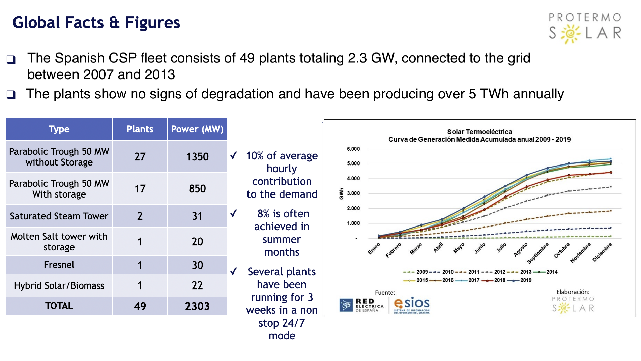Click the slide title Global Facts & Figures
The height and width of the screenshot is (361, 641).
[96, 23]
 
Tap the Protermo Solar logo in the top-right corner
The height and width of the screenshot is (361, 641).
[585, 28]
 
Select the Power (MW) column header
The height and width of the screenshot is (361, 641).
[197, 129]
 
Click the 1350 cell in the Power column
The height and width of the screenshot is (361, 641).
[197, 157]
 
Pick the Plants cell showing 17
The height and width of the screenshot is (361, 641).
[140, 189]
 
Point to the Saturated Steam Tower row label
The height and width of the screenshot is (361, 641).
[59, 216]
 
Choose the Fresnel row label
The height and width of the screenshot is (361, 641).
[59, 265]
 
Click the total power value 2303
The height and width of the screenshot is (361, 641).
[197, 306]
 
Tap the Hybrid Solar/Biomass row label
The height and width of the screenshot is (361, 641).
[59, 285]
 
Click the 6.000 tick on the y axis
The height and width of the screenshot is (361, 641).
[353, 149]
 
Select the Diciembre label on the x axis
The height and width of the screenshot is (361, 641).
[602, 252]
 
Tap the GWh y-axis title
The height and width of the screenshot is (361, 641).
[341, 193]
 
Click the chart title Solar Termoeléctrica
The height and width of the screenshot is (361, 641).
[479, 132]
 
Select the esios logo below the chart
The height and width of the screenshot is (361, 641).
[412, 305]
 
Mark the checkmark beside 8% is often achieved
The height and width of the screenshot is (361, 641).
[234, 213]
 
